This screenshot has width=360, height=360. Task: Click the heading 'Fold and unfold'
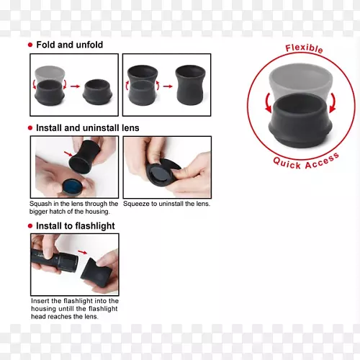(x=70, y=45)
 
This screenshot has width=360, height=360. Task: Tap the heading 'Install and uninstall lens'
(x=88, y=128)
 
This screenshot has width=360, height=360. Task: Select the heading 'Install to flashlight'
(x=76, y=226)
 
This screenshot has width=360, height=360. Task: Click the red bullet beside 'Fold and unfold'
(x=30, y=45)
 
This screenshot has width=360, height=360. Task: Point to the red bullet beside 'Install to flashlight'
(x=30, y=226)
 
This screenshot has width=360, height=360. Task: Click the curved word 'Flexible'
(x=304, y=48)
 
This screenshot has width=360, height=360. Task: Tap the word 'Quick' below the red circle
(x=287, y=163)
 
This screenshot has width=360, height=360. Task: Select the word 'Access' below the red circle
(x=323, y=161)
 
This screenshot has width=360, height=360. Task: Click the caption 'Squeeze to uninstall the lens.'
(x=166, y=204)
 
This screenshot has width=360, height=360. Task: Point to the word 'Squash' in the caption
(x=40, y=204)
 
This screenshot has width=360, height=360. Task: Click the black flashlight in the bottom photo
(x=54, y=261)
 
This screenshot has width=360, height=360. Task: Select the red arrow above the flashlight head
(x=83, y=252)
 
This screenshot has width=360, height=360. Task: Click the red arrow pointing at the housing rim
(x=68, y=154)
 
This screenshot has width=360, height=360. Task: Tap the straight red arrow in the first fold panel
(x=75, y=86)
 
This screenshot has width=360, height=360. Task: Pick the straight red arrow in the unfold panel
(x=168, y=86)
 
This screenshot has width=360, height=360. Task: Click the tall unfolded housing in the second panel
(x=191, y=85)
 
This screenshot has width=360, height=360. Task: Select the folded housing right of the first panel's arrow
(x=97, y=92)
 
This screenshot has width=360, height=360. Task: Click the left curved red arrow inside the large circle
(x=268, y=103)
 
